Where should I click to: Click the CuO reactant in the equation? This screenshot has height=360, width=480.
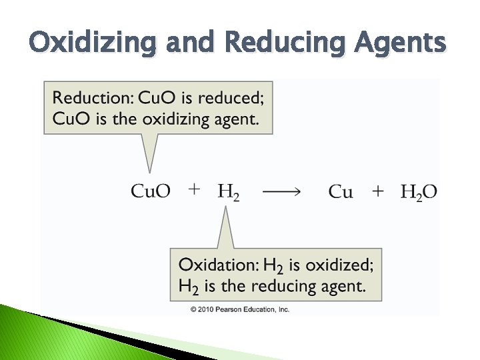150,192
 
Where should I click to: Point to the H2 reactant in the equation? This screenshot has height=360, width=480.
228,192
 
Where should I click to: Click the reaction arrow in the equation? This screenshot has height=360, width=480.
281,192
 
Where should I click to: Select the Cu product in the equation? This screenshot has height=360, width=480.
341,192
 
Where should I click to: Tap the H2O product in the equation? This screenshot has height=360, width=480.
419,192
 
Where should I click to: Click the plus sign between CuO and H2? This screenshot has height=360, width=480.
194,190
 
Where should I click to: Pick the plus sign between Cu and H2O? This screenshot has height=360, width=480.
378,191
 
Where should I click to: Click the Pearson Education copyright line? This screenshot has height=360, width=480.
240,309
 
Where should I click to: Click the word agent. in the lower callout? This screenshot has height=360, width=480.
343,286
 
